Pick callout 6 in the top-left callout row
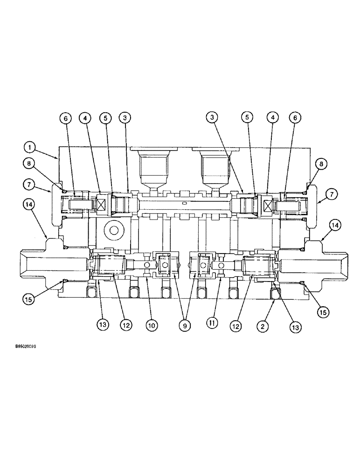tap(65, 118)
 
